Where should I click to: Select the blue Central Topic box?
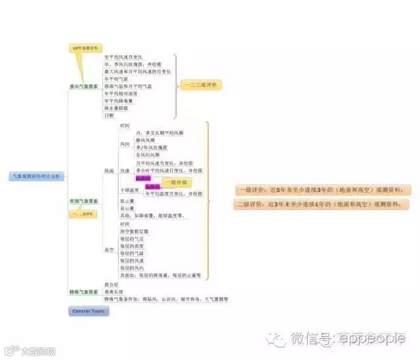89,310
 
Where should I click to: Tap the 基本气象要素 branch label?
84,86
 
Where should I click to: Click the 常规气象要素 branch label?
84,201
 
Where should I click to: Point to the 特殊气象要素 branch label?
84,292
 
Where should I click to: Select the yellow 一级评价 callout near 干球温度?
174,182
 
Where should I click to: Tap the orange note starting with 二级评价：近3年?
321,204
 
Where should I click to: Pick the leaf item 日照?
109,115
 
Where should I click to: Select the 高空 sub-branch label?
109,250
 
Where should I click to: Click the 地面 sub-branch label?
109,171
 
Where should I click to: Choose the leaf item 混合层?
111,284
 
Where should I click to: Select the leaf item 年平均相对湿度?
121,93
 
